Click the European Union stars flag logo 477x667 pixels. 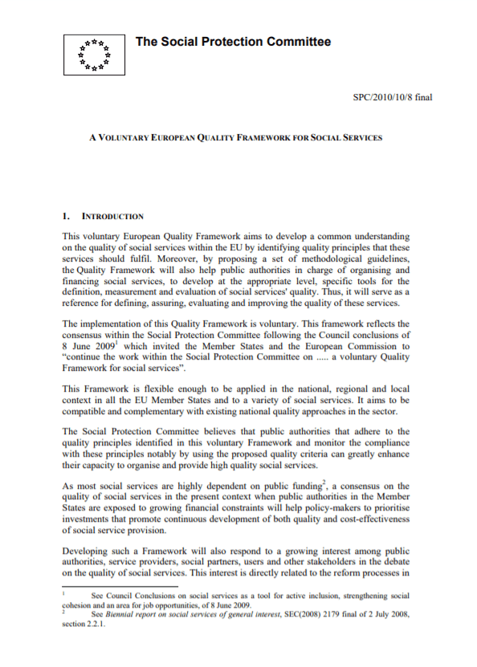coord(95,55)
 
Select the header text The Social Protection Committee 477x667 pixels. coord(233,42)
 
